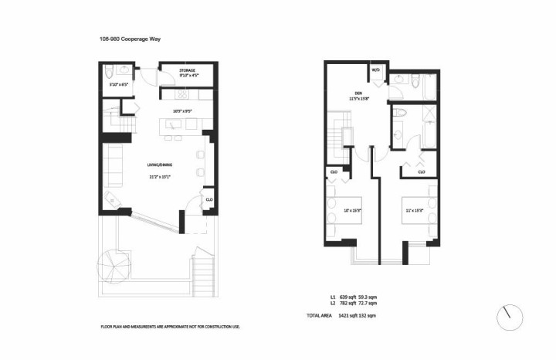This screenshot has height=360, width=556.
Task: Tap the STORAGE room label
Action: coord(178,70)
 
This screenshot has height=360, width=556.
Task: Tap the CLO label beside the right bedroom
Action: coord(422,172)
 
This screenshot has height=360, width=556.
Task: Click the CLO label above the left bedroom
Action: coord(335,172)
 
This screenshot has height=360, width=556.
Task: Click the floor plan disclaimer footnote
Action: coord(170,327)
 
